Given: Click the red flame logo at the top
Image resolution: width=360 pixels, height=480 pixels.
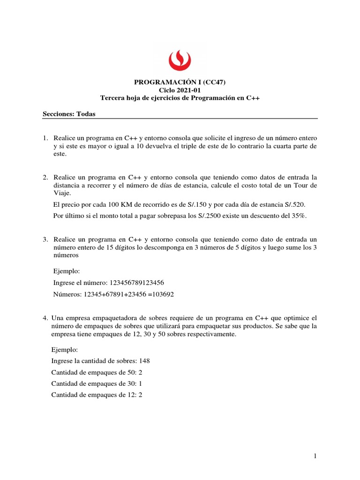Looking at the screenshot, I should pos(180,59).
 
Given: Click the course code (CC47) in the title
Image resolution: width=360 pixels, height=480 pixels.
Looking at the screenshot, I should pos(214,82).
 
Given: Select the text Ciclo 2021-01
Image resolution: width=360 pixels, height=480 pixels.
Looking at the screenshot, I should pos(180,90).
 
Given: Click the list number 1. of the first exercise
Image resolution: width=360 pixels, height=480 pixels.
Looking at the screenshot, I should pos(45,138).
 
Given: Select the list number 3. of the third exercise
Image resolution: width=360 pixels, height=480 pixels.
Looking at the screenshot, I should pos(45,240).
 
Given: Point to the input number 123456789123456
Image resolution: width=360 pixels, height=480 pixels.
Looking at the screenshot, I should pos(136,283).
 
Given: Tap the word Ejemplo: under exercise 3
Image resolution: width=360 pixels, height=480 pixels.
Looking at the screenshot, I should pos(67,271).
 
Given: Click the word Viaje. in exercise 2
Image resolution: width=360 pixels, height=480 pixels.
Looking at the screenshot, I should pos(62,193).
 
